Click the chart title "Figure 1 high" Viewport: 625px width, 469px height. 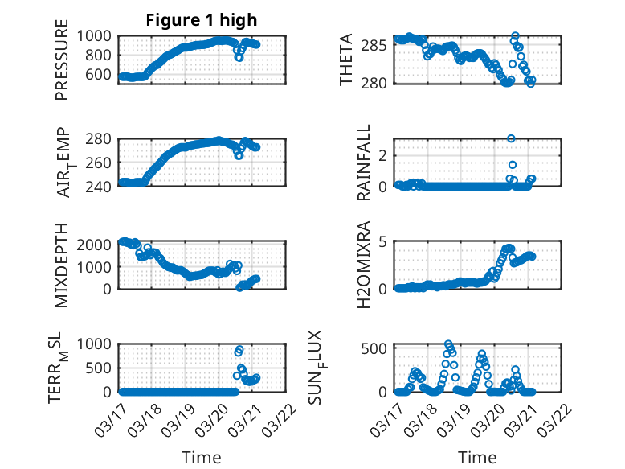pos(202,20)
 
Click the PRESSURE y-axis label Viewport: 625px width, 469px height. pos(62,66)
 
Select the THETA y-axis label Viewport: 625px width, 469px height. pos(346,60)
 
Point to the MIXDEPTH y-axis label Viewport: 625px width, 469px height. pos(62,265)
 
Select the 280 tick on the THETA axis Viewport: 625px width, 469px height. pos(379,82)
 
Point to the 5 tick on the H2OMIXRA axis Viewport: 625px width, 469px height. pos(383,241)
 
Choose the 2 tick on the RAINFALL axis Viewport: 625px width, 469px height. pos(383,154)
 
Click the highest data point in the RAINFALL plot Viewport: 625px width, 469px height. pos(511,138)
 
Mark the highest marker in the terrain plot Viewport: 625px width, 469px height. pos(239,350)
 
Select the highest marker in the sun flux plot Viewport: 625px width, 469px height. pos(448,344)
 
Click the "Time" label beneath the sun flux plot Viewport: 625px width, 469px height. pos(477,457)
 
